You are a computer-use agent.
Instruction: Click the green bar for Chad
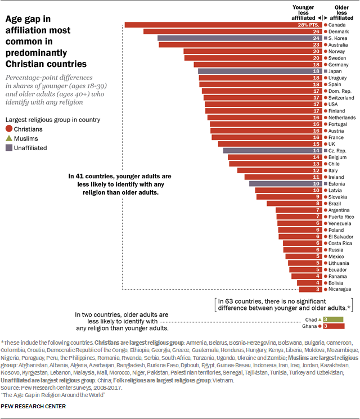[x=331, y=319]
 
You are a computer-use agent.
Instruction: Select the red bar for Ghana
[x=331, y=326]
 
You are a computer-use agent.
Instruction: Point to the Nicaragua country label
[x=339, y=289]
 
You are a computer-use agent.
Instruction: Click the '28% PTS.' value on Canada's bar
[x=310, y=25]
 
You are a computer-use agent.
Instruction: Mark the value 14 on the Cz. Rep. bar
[x=316, y=151]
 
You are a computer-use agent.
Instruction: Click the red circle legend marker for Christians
[x=9, y=129]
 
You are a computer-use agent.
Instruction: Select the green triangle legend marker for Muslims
[x=9, y=138]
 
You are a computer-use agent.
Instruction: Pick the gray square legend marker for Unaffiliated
[x=9, y=148]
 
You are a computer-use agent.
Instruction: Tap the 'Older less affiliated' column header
[x=341, y=12]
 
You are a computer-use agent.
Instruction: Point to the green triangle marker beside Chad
[x=319, y=319]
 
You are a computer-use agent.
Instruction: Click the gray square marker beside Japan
[x=325, y=71]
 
